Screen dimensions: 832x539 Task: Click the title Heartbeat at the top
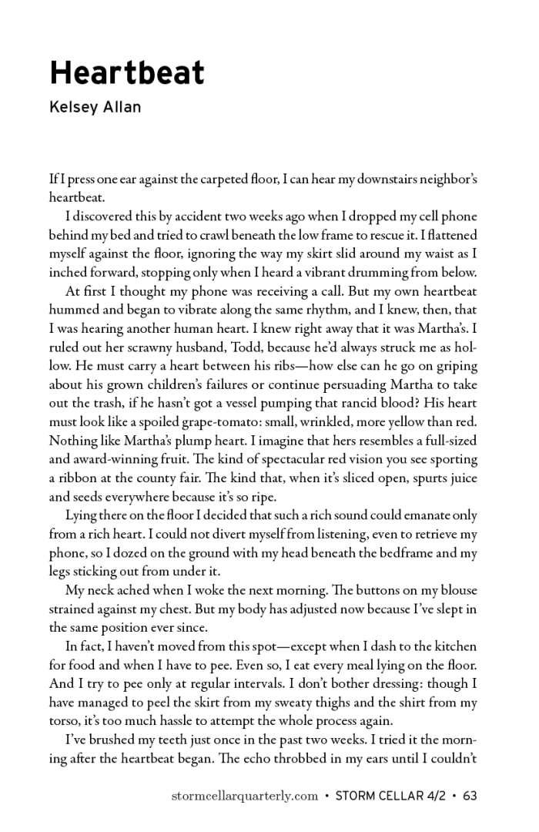[127, 73]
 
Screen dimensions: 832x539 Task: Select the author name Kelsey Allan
[95, 108]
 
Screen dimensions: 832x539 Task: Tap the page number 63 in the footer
[470, 796]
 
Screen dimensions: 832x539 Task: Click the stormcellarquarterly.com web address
[244, 796]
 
